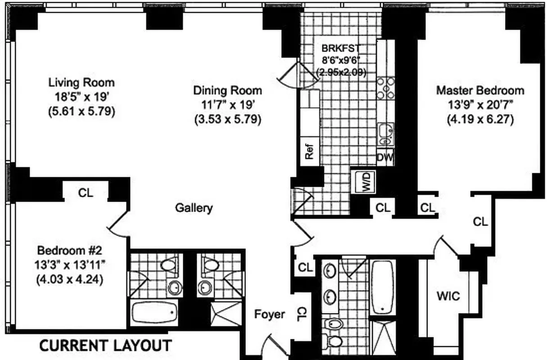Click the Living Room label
(x=81, y=83)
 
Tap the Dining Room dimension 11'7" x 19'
(x=227, y=105)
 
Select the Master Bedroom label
(x=480, y=90)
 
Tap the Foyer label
(x=270, y=314)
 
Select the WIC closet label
(x=448, y=296)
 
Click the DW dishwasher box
(x=385, y=157)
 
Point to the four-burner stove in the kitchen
(x=386, y=88)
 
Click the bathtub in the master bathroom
(x=383, y=287)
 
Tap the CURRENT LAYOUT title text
(x=105, y=346)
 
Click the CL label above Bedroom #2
(x=86, y=193)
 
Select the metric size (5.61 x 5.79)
(x=81, y=111)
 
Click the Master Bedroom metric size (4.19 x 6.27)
(x=480, y=120)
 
